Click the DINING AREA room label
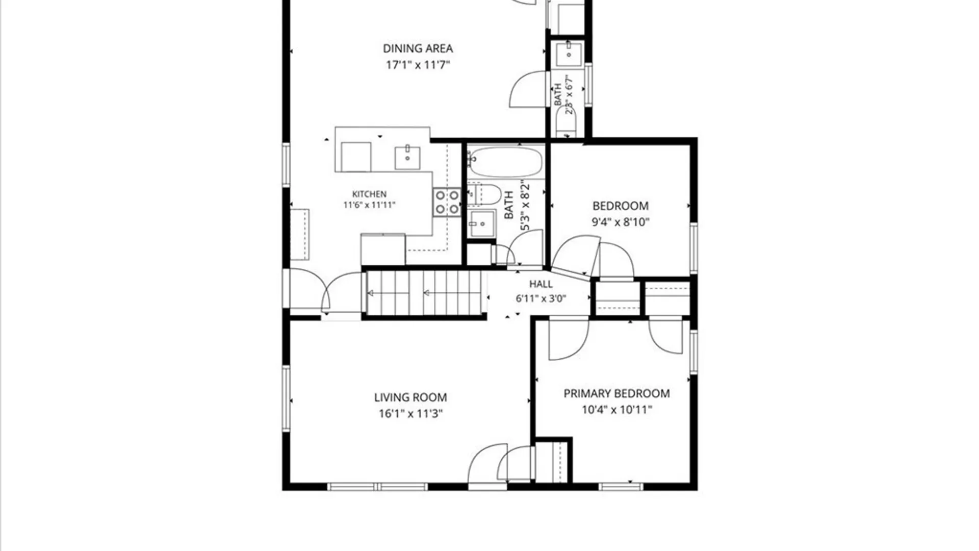coord(418,48)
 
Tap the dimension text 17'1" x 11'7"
coord(418,65)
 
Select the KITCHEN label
coord(369,194)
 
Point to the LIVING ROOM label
coord(410,397)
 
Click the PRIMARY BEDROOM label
coord(616,393)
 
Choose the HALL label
coord(540,284)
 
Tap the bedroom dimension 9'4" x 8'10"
coord(620,222)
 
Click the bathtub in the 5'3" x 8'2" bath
coord(506,161)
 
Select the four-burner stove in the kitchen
coord(447,202)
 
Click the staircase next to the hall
coord(424,293)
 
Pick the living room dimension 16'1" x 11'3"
coord(410,413)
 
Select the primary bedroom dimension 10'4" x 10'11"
coord(616,409)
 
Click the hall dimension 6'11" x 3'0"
coord(540,298)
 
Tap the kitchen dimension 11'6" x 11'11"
coord(369,205)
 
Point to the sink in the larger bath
coord(481,223)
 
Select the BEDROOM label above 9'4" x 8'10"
coord(620,206)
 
